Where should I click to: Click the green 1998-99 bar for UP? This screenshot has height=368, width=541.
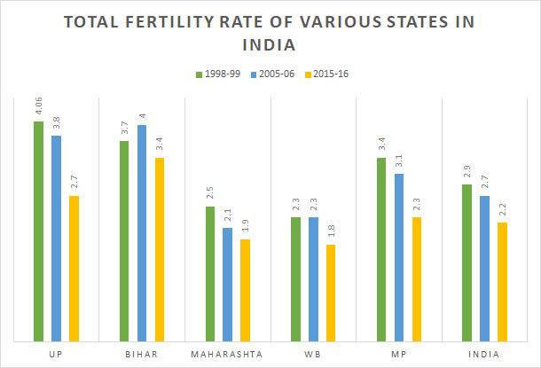click(39, 231)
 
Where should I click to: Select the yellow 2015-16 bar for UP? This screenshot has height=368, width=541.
click(74, 268)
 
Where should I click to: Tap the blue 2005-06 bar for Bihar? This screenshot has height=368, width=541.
click(142, 232)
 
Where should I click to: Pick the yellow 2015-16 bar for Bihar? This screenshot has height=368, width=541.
click(160, 249)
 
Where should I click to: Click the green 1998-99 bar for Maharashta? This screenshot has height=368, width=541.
click(210, 273)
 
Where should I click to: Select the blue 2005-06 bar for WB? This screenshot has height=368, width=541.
click(313, 278)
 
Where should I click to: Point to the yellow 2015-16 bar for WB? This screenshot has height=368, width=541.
click(331, 292)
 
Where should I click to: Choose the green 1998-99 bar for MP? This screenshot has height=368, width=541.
click(381, 249)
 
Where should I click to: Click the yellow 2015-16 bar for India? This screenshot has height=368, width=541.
click(502, 281)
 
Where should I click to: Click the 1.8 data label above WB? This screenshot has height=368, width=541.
click(331, 233)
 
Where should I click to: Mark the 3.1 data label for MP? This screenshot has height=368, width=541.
click(399, 161)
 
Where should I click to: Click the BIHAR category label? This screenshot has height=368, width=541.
click(142, 354)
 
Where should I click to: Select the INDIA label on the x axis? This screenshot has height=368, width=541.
click(484, 354)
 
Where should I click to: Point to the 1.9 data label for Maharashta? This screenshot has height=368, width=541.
click(245, 227)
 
